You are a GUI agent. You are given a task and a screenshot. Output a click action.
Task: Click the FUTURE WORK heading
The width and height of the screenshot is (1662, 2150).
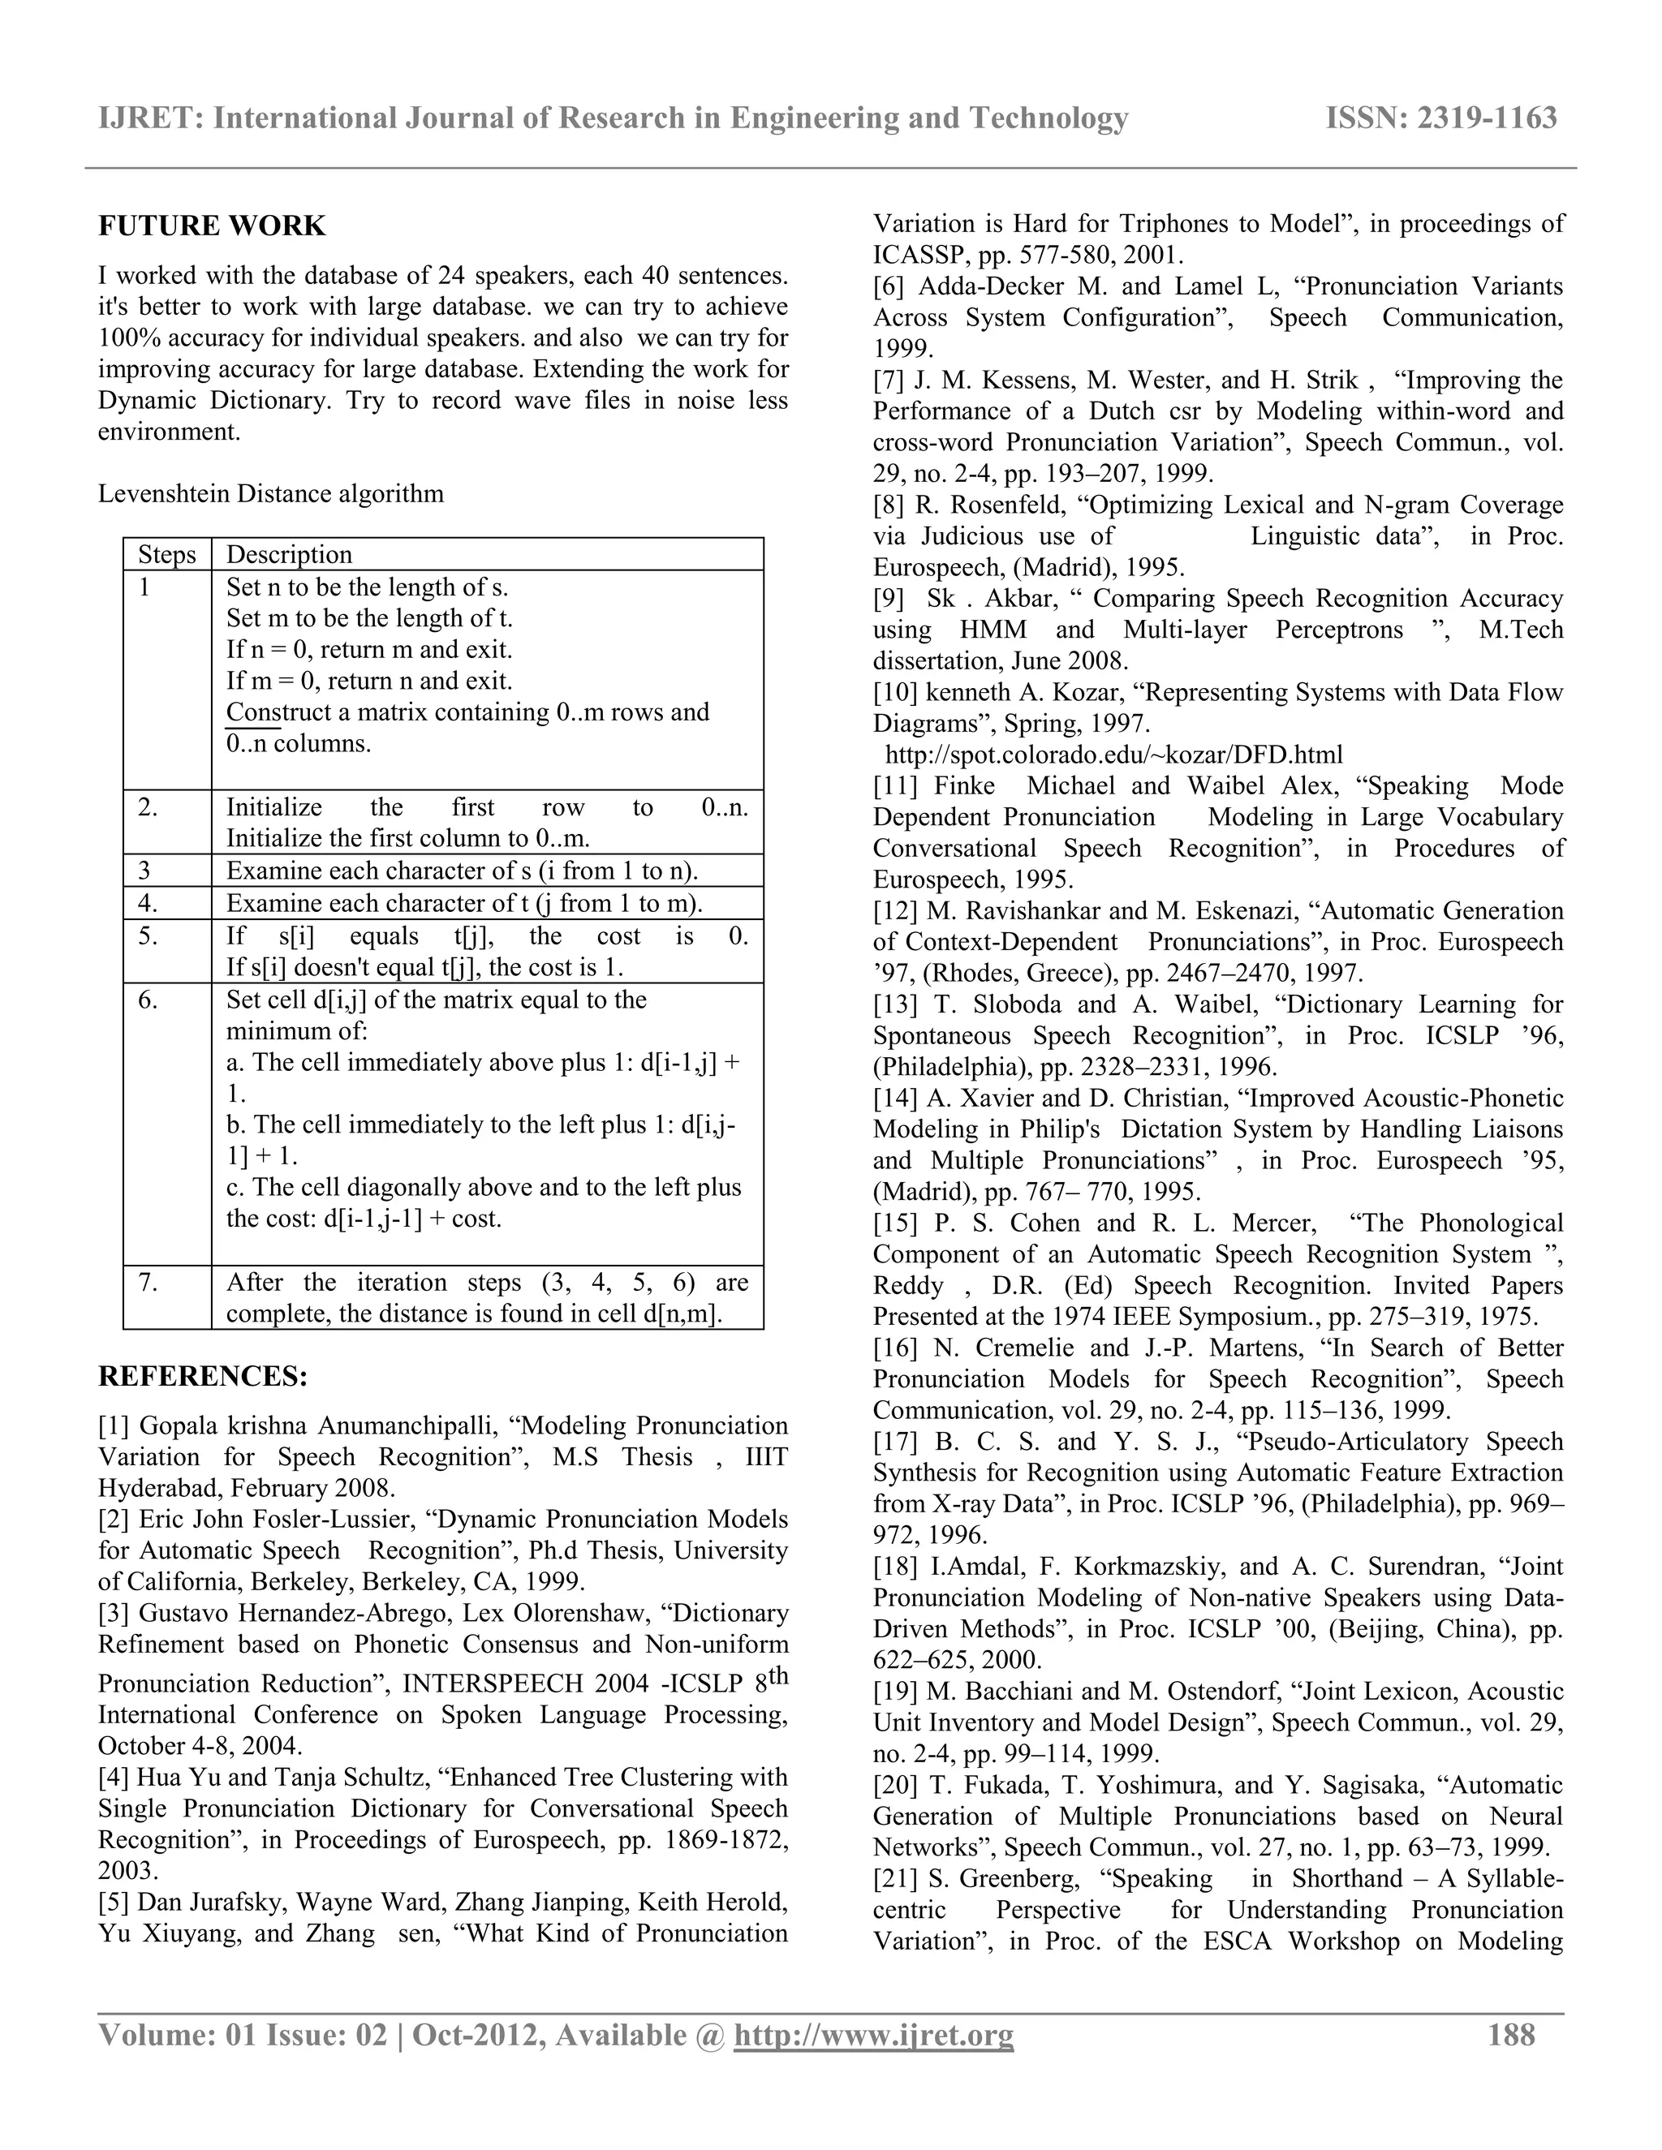[212, 226]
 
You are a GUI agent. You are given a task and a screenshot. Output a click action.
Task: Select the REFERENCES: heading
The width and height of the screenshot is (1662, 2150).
[203, 1376]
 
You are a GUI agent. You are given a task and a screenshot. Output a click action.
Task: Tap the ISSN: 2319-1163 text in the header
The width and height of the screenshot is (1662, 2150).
[1440, 118]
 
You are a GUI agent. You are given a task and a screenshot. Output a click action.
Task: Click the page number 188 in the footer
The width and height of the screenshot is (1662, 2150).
[1511, 2035]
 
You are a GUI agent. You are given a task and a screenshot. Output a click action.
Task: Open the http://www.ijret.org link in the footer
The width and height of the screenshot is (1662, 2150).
[874, 2035]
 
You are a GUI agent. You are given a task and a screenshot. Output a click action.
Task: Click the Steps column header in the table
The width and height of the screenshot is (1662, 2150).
[166, 554]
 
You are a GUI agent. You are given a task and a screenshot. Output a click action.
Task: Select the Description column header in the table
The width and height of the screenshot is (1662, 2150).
[288, 554]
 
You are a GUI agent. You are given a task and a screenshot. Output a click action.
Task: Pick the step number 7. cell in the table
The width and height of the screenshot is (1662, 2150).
[148, 1282]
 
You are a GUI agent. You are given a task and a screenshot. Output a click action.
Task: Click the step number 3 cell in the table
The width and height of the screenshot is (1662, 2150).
[144, 871]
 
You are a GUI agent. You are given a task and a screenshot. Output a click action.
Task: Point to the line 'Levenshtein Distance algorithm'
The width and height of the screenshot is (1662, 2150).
[271, 493]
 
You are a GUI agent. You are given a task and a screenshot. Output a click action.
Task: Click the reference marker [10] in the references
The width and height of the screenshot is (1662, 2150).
[895, 692]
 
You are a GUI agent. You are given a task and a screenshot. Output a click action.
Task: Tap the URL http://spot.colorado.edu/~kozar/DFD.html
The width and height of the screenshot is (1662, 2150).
[1113, 755]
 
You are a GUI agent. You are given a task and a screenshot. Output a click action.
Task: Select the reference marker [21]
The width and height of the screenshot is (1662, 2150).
[895, 1878]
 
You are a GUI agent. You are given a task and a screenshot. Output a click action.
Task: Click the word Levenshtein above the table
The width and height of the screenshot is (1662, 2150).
[163, 493]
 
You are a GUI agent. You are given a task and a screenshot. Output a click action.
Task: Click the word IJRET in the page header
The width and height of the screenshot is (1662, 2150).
[147, 118]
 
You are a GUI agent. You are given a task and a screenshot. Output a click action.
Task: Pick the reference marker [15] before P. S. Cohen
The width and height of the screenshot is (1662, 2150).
[895, 1223]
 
